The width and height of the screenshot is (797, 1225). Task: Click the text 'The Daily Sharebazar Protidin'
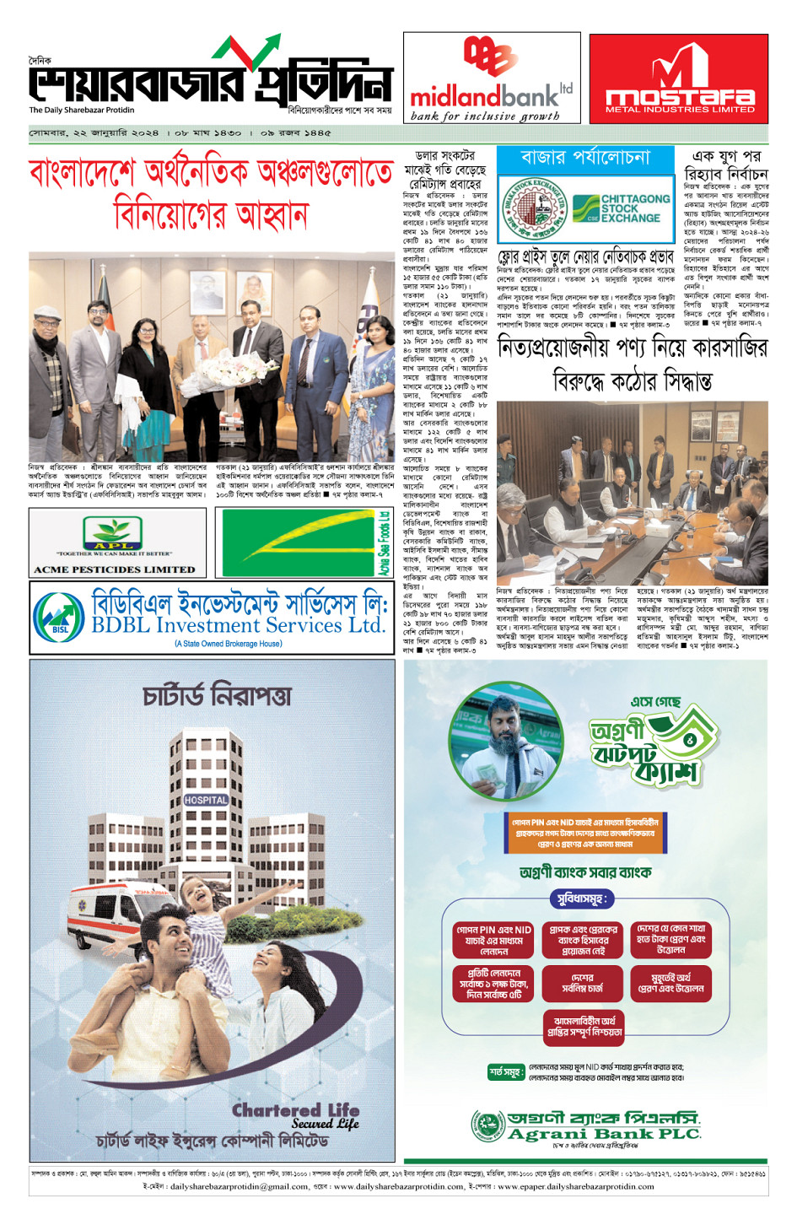[x=82, y=111]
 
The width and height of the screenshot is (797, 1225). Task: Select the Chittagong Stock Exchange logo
[x=622, y=208]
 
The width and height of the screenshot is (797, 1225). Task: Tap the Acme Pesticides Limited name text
[x=115, y=569]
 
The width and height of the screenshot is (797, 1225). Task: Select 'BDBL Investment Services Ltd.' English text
[x=239, y=625]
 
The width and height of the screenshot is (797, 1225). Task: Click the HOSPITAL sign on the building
[x=206, y=800]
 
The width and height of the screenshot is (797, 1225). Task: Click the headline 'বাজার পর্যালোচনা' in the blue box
[x=585, y=158]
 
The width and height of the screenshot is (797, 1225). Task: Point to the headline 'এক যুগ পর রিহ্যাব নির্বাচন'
[x=725, y=165]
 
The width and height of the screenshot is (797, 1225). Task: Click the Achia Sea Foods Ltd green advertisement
[x=304, y=543]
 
